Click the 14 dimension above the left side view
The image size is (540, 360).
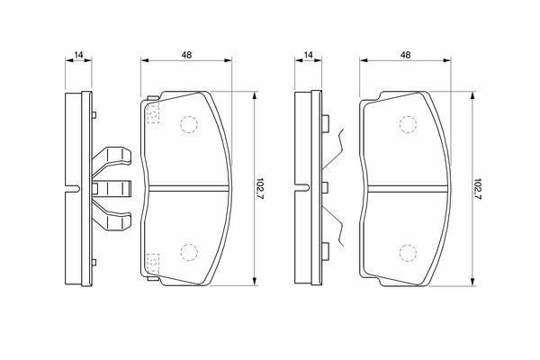[x=79, y=54]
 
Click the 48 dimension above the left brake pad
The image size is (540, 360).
[x=186, y=54]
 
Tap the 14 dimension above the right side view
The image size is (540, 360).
[x=308, y=54]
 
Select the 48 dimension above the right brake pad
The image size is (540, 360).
[x=406, y=54]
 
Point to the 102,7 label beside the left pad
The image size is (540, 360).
[x=260, y=189]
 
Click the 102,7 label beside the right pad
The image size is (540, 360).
[x=478, y=189]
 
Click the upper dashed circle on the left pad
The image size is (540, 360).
[x=189, y=124]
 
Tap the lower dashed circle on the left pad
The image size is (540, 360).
[x=189, y=252]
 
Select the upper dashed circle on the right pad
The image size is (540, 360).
[x=408, y=124]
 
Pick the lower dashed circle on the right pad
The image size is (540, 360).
[x=408, y=253]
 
